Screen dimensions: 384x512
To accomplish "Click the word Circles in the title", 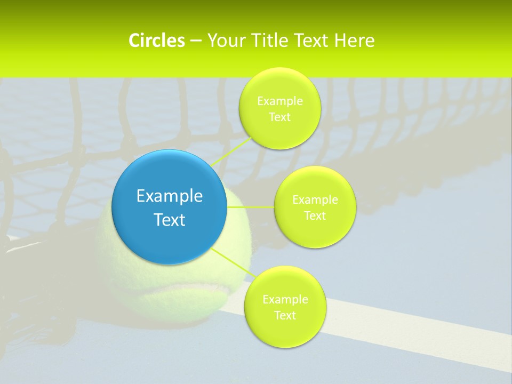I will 157,41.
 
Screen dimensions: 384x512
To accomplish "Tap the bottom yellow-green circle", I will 285,331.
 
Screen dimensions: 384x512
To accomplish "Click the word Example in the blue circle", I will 170,196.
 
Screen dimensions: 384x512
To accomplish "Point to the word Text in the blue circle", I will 170,220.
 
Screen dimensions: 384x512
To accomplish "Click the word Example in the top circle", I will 279,101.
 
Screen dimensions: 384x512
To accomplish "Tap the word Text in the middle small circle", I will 315,215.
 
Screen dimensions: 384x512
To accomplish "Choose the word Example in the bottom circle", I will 285,299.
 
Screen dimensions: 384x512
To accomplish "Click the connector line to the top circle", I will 231,151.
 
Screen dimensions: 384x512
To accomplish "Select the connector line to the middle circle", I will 251,206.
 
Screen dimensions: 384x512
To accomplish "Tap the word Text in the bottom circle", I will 285,315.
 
